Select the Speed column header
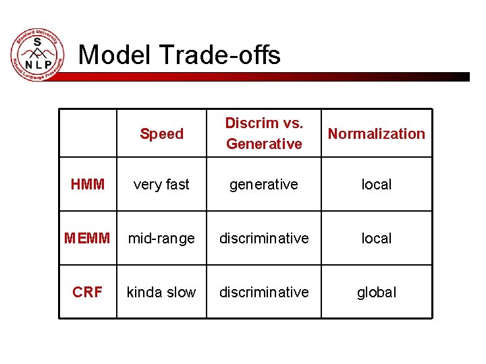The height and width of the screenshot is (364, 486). click(x=161, y=133)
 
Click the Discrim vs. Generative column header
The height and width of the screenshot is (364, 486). click(x=264, y=133)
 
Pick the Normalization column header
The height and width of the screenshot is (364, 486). click(x=376, y=133)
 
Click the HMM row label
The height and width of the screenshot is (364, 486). click(x=88, y=184)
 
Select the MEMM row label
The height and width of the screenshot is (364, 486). click(x=88, y=238)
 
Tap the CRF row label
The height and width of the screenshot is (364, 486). click(x=88, y=292)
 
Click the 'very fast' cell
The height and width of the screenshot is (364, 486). click(x=161, y=184)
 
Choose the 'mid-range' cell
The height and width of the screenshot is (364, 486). click(x=161, y=238)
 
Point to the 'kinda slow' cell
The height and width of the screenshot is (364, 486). click(x=161, y=292)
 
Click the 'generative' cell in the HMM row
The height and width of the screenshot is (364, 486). click(x=264, y=184)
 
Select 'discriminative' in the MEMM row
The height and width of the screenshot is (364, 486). click(x=264, y=238)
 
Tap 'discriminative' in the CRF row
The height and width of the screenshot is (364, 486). click(x=264, y=292)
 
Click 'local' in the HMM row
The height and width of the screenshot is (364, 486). click(x=376, y=184)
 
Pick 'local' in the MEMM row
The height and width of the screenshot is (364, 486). click(x=376, y=238)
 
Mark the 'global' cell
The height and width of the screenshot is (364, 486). click(x=376, y=292)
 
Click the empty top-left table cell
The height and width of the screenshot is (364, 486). click(x=88, y=133)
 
